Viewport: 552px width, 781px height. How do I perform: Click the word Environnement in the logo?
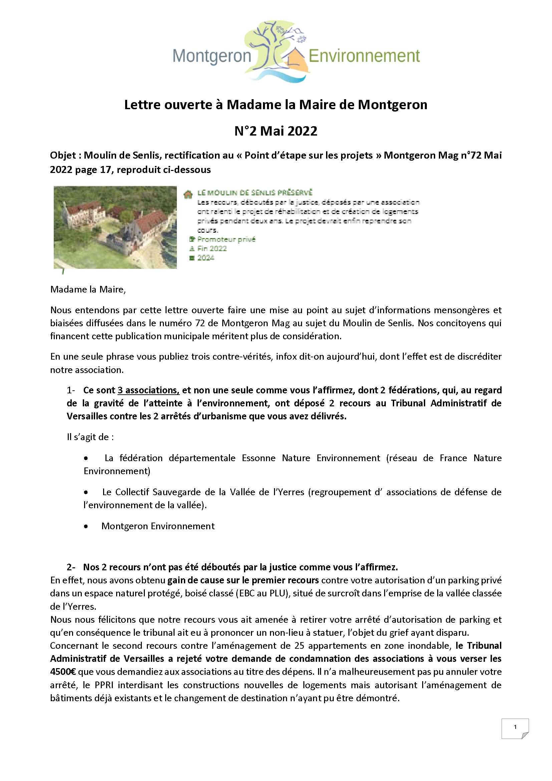click(x=364, y=56)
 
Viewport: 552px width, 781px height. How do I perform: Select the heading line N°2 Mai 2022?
click(x=276, y=131)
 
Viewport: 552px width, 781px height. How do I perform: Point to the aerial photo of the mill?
click(x=115, y=227)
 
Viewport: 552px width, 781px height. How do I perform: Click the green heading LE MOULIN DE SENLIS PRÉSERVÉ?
click(x=255, y=193)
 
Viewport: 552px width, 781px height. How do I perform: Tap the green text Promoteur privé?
click(x=226, y=239)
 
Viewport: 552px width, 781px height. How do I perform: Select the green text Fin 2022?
click(x=212, y=249)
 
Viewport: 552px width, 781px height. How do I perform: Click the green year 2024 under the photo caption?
click(x=206, y=258)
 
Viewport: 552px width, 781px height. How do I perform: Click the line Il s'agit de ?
click(x=90, y=437)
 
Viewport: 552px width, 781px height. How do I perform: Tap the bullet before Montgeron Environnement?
click(x=86, y=527)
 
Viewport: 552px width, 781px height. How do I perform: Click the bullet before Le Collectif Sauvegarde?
click(x=86, y=492)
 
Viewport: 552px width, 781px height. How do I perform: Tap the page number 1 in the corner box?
click(x=515, y=727)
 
